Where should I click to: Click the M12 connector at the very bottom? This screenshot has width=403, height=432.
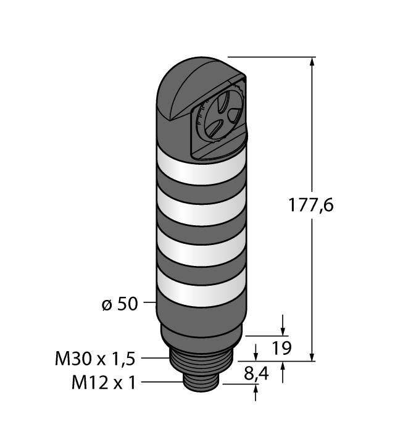tap(197, 383)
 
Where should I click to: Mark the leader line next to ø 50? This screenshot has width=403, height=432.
tap(150, 303)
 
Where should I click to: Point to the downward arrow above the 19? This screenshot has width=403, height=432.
tap(283, 328)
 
